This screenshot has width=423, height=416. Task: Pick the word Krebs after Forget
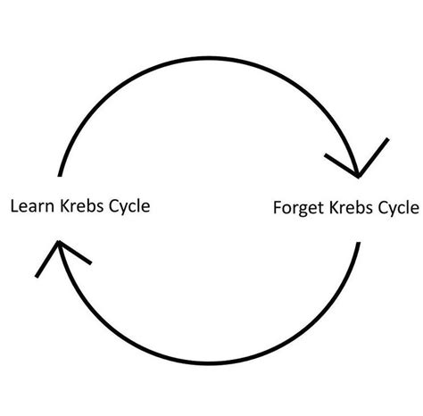(351, 209)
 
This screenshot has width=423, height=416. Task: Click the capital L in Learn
(12, 206)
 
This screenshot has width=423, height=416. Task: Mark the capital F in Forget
(278, 209)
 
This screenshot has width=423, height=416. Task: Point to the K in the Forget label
(334, 209)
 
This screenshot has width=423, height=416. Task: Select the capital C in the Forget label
(380, 209)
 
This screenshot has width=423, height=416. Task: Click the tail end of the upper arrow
(59, 173)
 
